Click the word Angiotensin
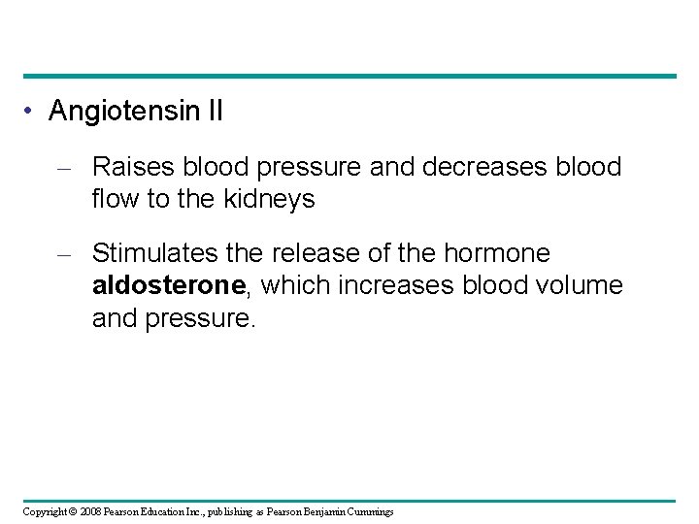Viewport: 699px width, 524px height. [x=124, y=112]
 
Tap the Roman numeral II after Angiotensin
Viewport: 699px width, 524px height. [x=215, y=112]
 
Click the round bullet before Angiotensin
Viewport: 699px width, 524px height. [x=32, y=112]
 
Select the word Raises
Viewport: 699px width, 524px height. [x=128, y=167]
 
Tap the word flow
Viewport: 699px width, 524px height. [x=114, y=199]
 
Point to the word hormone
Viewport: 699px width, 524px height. [x=497, y=253]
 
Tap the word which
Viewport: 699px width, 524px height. [x=292, y=285]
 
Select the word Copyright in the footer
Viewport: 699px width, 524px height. [x=45, y=511]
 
